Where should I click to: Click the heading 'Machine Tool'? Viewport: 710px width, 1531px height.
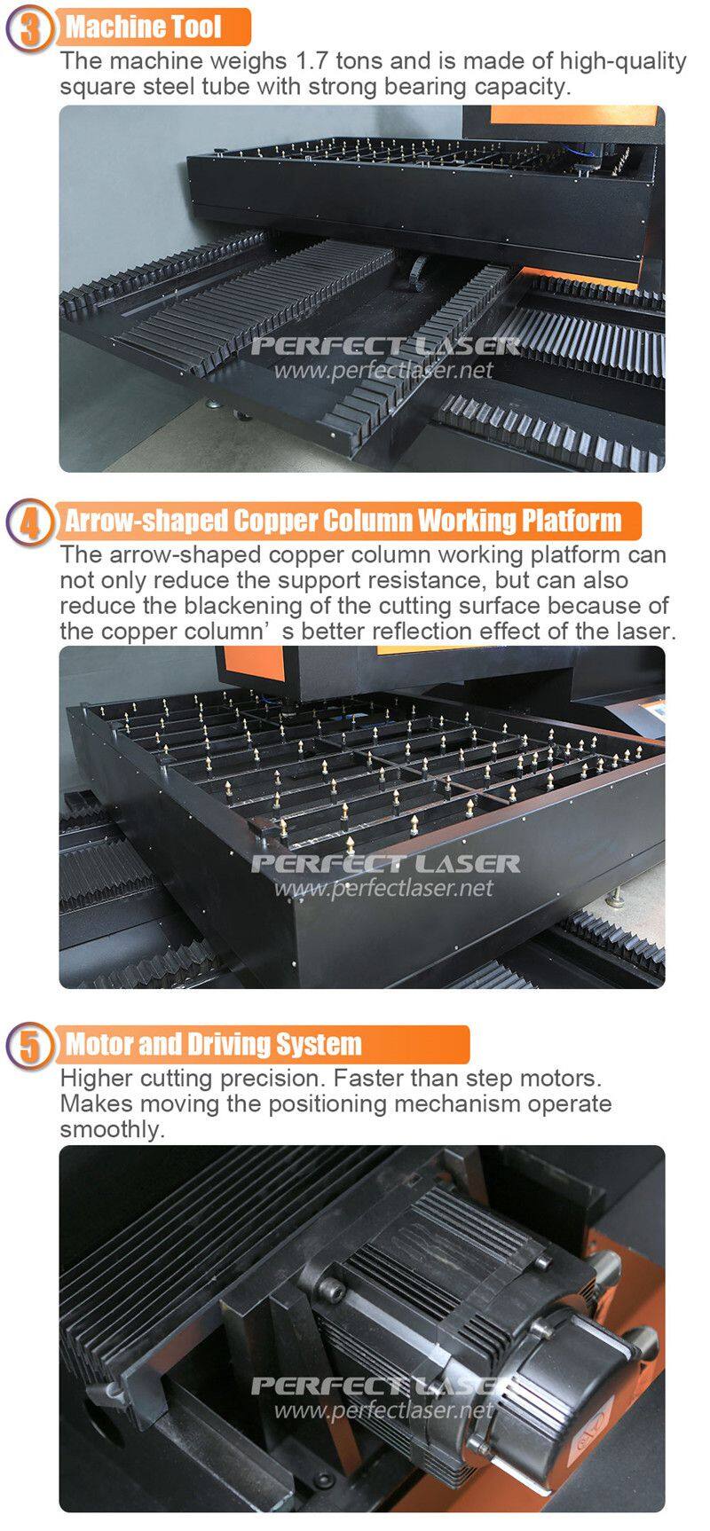coord(143,27)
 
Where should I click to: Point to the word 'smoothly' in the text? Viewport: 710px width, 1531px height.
coord(112,1130)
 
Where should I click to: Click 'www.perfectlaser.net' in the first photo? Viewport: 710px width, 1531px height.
coord(383,368)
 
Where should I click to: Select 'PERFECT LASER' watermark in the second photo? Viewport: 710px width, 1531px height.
coord(386,863)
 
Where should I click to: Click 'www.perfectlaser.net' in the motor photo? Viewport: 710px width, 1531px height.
coord(383,1409)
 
